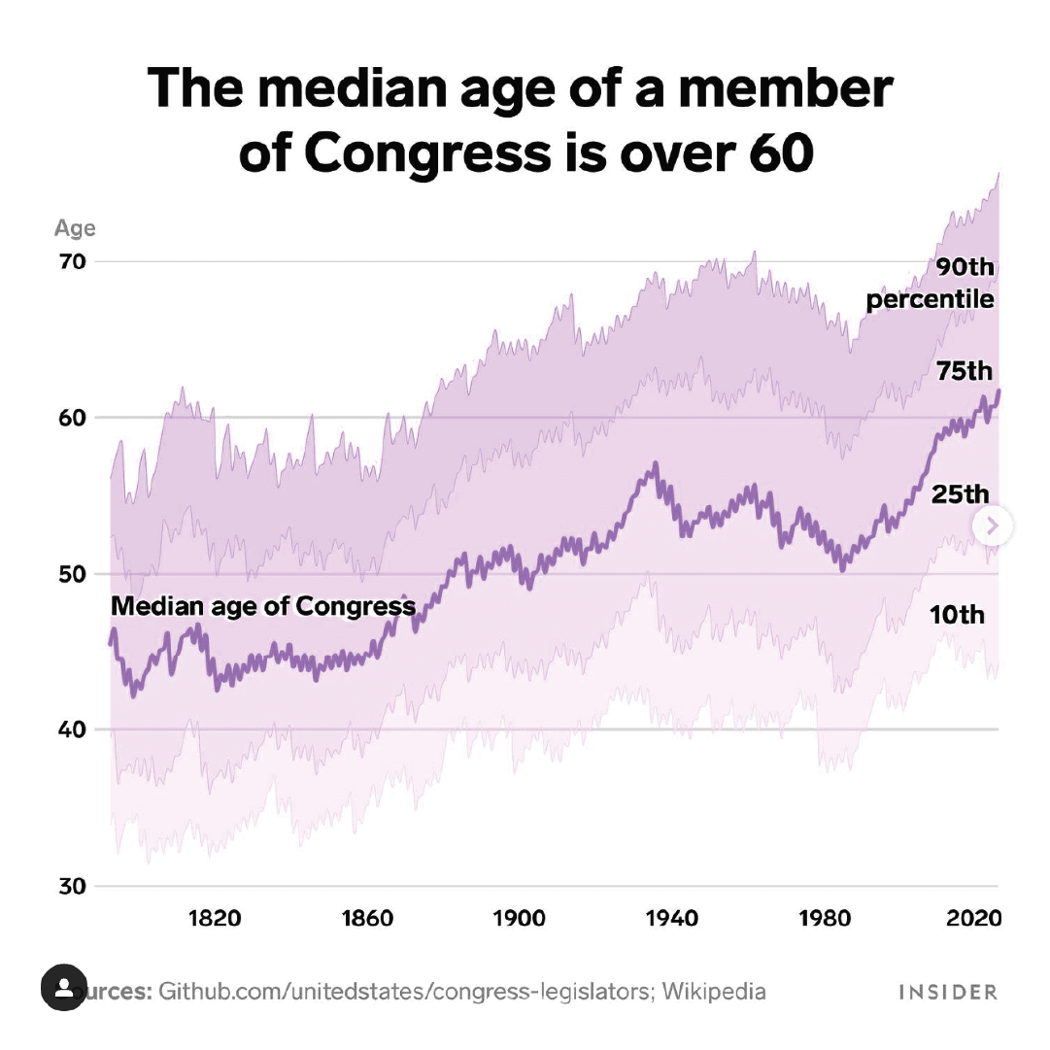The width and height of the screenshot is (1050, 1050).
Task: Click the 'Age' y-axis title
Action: point(75,228)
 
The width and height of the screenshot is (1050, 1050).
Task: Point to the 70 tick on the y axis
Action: point(76,261)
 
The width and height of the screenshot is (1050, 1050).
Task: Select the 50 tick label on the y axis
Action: point(76,574)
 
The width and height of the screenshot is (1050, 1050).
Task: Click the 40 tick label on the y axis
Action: point(76,729)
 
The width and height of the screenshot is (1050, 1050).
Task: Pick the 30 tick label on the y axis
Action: point(76,886)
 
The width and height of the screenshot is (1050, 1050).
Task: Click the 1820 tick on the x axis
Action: point(214,918)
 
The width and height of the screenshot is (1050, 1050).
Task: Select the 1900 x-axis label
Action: point(519,918)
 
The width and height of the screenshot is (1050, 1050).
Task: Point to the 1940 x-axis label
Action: point(671,918)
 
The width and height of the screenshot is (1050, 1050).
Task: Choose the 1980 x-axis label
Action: point(824,918)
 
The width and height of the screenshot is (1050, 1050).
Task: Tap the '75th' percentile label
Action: point(964,371)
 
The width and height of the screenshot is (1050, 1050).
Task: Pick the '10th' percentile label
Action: point(957,614)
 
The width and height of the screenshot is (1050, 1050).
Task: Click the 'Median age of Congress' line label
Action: point(262,606)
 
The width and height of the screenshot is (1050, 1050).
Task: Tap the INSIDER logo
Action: point(947,992)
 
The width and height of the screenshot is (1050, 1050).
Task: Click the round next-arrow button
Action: point(993,526)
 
